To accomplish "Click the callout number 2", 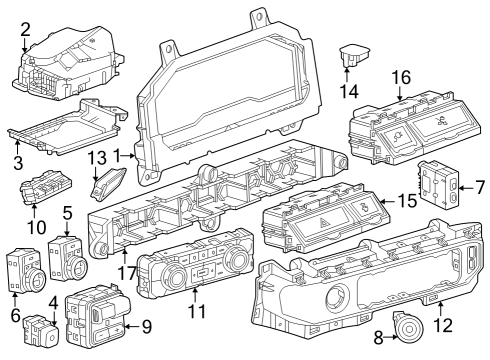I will (25, 29).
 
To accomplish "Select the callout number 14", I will (349, 90).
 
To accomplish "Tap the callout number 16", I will (400, 77).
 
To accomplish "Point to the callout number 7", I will (479, 186).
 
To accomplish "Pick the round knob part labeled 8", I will (408, 328).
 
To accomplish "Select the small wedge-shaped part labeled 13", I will (109, 184).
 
